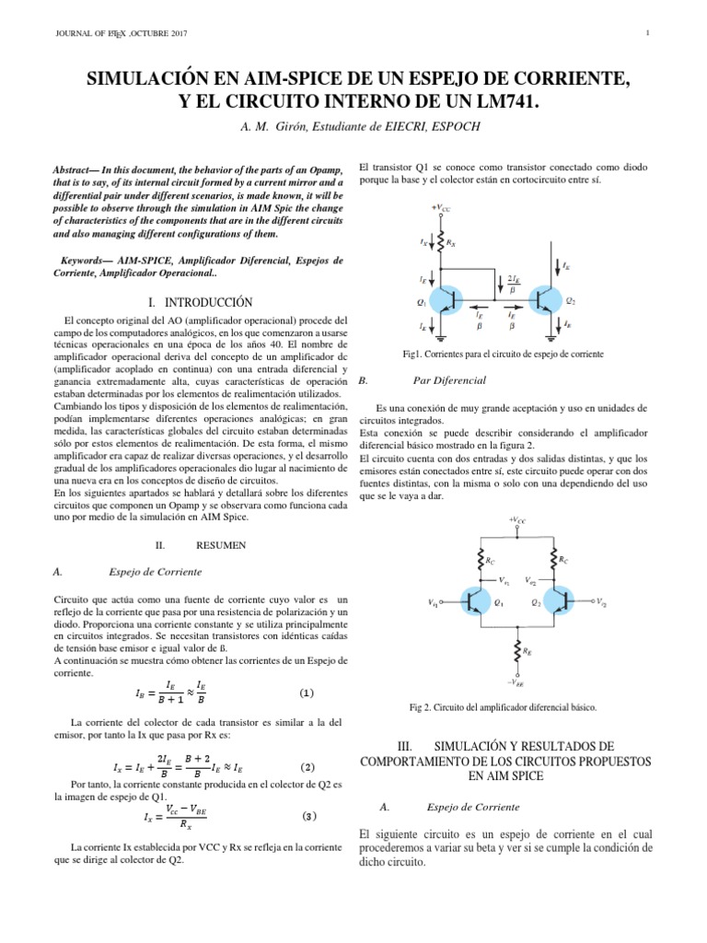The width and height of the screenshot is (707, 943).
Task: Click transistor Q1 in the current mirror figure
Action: [x=454, y=302]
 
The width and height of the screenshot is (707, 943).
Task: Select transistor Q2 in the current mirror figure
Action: [x=547, y=302]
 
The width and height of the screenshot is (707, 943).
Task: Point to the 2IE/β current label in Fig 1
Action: [x=513, y=284]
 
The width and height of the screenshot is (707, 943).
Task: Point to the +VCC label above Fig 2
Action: [x=517, y=520]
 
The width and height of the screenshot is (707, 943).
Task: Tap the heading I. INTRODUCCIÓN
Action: [x=200, y=302]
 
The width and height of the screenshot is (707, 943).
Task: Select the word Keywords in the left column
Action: [x=86, y=262]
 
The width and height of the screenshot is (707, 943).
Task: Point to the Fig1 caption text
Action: [x=502, y=355]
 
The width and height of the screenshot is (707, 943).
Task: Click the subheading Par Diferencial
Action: [x=449, y=379]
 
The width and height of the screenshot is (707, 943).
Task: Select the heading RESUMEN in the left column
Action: [x=221, y=545]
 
